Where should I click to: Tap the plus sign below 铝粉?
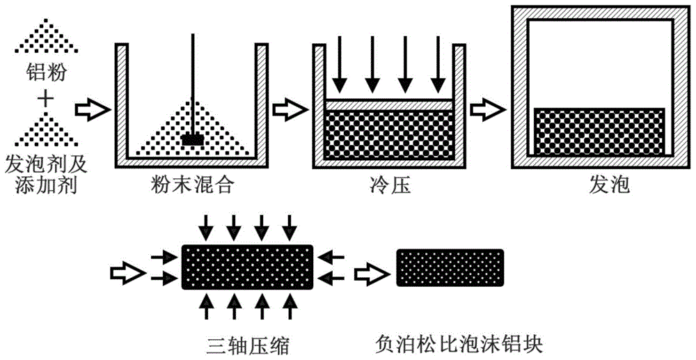[x=45, y=100]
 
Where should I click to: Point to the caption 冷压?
[x=389, y=186]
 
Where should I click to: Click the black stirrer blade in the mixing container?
[x=192, y=139]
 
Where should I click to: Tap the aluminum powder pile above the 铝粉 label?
[x=45, y=35]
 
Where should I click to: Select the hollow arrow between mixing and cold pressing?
[x=287, y=109]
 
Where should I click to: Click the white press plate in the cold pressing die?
[x=389, y=103]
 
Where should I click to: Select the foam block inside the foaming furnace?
[x=599, y=131]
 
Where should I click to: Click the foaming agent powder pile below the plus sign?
[x=45, y=132]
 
